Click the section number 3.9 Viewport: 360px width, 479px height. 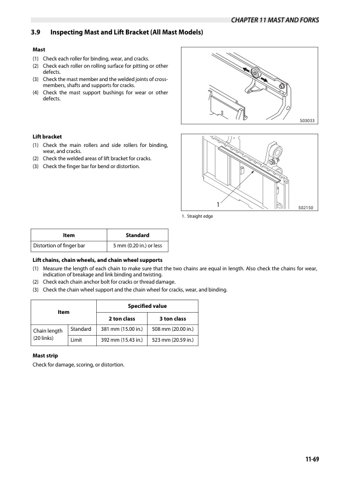pyautogui.click(x=37, y=31)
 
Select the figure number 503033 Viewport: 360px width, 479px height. pyautogui.click(x=309, y=121)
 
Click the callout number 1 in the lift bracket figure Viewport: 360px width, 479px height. pyautogui.click(x=217, y=203)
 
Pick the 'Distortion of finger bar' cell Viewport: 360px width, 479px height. pyautogui.click(x=68, y=246)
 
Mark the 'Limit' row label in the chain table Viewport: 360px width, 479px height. pyautogui.click(x=77, y=340)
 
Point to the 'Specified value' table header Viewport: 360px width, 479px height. pyautogui.click(x=147, y=307)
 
